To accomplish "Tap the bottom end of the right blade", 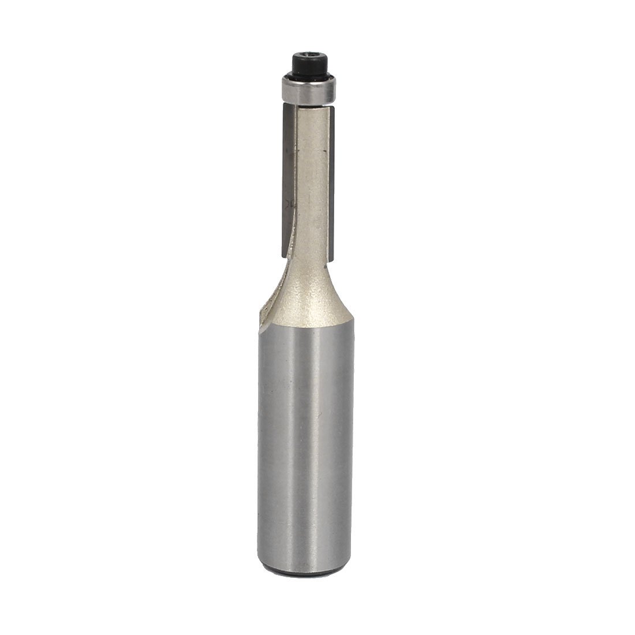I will point(333,256).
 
